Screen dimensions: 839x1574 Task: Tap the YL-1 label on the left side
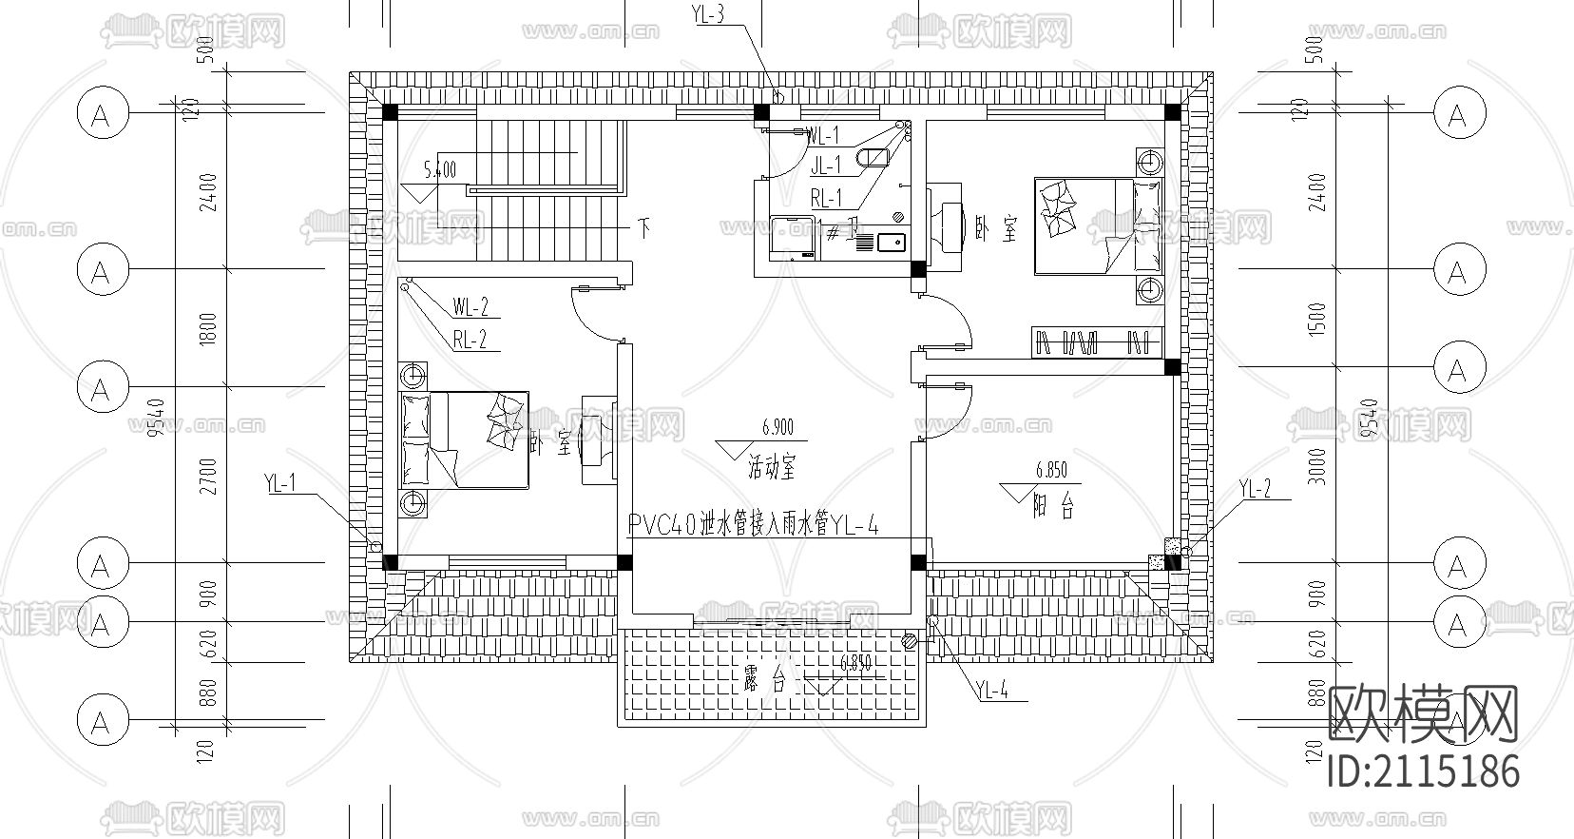pyautogui.click(x=280, y=484)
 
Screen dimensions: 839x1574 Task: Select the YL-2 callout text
pyautogui.click(x=1255, y=490)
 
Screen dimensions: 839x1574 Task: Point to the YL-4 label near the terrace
pyautogui.click(x=991, y=692)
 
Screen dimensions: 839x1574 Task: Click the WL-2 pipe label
pyautogui.click(x=470, y=307)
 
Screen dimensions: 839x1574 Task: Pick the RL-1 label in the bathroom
pyautogui.click(x=826, y=198)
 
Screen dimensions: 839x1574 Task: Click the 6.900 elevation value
pyautogui.click(x=777, y=429)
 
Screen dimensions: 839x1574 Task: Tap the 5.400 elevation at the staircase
pyautogui.click(x=440, y=171)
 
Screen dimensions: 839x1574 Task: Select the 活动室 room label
pyautogui.click(x=771, y=468)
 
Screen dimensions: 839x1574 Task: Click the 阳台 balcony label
pyautogui.click(x=1054, y=508)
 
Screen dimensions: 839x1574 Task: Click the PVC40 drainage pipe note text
pyautogui.click(x=751, y=524)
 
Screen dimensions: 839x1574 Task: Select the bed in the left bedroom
pyautogui.click(x=465, y=439)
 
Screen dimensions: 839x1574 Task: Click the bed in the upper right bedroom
pyautogui.click(x=1098, y=226)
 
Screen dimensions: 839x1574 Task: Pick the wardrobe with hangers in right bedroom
pyautogui.click(x=1097, y=342)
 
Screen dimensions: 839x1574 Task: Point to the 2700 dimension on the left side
pyautogui.click(x=209, y=476)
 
